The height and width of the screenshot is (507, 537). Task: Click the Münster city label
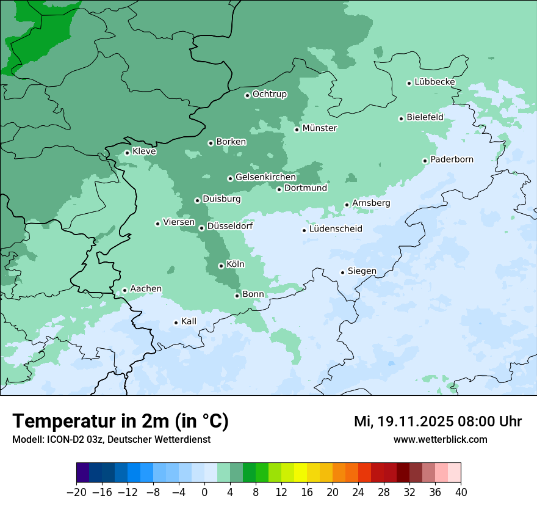click(x=320, y=128)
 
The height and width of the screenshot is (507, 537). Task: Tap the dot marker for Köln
click(x=221, y=266)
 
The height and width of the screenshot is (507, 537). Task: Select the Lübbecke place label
click(x=434, y=82)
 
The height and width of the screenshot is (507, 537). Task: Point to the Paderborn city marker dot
click(x=425, y=161)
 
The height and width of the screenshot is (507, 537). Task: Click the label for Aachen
click(x=146, y=289)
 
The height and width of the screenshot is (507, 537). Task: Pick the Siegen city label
click(x=362, y=271)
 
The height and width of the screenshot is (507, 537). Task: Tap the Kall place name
click(x=189, y=321)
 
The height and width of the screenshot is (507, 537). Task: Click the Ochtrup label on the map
click(x=270, y=94)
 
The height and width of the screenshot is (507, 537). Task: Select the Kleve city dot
click(x=127, y=153)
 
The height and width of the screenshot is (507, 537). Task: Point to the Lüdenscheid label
click(x=336, y=229)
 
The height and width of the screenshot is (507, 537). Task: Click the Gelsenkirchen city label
click(x=265, y=177)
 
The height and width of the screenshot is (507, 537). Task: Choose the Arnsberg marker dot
click(x=347, y=205)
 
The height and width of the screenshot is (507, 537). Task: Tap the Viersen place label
click(x=179, y=222)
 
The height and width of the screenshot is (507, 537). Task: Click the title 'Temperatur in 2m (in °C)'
click(x=120, y=421)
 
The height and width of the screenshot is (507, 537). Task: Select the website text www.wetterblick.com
click(x=440, y=439)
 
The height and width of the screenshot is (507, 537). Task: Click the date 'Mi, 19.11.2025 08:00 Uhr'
click(x=438, y=421)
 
